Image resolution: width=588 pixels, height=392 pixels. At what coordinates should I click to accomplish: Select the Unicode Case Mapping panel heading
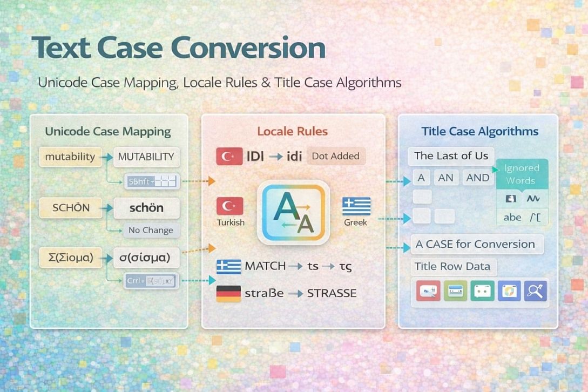pyautogui.click(x=108, y=131)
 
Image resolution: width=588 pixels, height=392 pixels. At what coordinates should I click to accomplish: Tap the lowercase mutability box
pyautogui.click(x=70, y=157)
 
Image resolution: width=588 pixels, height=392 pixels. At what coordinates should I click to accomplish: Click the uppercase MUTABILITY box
pyautogui.click(x=146, y=157)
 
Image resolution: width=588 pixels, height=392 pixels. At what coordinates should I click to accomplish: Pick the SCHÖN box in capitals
pyautogui.click(x=71, y=208)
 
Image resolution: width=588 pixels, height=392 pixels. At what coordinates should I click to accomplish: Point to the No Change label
pyautogui.click(x=151, y=230)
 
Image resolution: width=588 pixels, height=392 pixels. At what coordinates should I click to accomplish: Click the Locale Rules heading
pyautogui.click(x=293, y=131)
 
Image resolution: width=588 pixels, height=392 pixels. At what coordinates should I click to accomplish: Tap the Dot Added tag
pyautogui.click(x=336, y=156)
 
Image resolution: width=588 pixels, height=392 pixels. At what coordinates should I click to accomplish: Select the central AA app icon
pyautogui.click(x=293, y=212)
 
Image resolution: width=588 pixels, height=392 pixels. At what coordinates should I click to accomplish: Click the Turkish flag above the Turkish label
pyautogui.click(x=229, y=206)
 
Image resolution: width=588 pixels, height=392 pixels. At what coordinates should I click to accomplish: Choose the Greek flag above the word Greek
pyautogui.click(x=356, y=206)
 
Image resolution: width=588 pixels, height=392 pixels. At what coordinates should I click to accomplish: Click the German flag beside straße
pyautogui.click(x=228, y=293)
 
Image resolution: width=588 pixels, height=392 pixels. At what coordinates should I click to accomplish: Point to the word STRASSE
pyautogui.click(x=332, y=293)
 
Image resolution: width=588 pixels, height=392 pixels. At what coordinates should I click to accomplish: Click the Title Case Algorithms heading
pyautogui.click(x=479, y=131)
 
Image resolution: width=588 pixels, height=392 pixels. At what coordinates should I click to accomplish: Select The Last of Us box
pyautogui.click(x=451, y=156)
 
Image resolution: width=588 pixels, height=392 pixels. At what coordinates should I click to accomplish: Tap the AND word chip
pyautogui.click(x=477, y=178)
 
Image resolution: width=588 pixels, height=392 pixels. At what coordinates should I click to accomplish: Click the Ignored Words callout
pyautogui.click(x=521, y=174)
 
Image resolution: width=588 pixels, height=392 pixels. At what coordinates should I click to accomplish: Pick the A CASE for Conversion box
pyautogui.click(x=475, y=244)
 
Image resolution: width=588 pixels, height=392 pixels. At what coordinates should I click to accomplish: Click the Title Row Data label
pyautogui.click(x=452, y=266)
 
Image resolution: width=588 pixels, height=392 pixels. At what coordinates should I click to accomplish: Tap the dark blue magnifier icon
pyautogui.click(x=535, y=290)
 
